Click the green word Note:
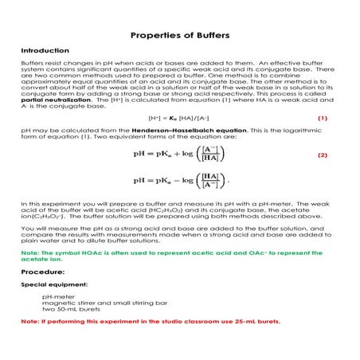click(x=29, y=252)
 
